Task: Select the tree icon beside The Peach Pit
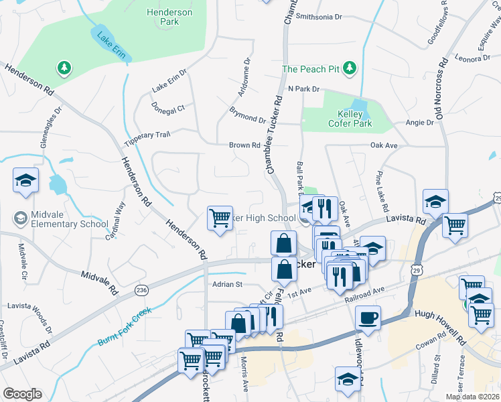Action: pos(349,68)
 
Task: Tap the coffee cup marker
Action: pos(368,318)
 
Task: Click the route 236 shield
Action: pos(141,289)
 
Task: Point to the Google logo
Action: pos(22,394)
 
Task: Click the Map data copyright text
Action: pos(472,397)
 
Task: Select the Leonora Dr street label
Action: pos(473,58)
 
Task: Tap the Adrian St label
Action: pos(225,284)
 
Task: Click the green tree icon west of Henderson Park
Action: pos(64,68)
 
